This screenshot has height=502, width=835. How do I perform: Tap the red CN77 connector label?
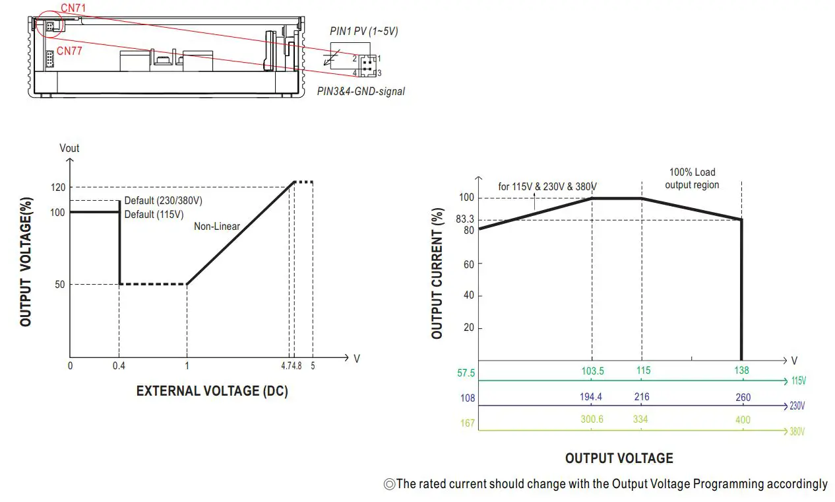click(69, 51)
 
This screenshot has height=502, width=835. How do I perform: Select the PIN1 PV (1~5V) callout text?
click(363, 31)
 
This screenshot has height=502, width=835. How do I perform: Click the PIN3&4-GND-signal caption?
click(361, 92)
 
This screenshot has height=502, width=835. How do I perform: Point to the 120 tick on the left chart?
click(59, 188)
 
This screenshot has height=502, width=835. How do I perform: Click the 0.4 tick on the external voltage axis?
click(119, 365)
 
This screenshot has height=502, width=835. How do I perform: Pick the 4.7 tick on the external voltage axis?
click(288, 365)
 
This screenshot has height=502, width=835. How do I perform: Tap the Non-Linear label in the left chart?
click(216, 227)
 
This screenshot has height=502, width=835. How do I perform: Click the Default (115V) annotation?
click(154, 214)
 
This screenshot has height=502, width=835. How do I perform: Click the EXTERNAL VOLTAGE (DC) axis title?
click(212, 391)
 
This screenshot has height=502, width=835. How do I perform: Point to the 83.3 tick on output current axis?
click(465, 219)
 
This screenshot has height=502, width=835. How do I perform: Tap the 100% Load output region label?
click(692, 178)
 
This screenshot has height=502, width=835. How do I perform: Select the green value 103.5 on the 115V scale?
click(592, 371)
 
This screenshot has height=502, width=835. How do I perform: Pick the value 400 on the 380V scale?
click(742, 420)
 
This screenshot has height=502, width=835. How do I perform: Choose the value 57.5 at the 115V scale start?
click(466, 373)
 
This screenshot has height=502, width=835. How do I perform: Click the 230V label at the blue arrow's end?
click(797, 406)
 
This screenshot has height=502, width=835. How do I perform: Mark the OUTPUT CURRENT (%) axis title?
click(437, 275)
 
